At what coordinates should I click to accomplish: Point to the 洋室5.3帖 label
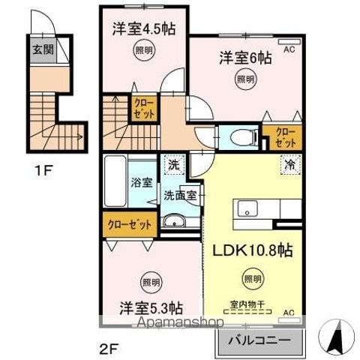(151, 307)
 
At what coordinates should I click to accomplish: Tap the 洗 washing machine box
(173, 163)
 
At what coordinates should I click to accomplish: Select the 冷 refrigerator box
(288, 164)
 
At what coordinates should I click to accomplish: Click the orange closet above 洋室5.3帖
(129, 223)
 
